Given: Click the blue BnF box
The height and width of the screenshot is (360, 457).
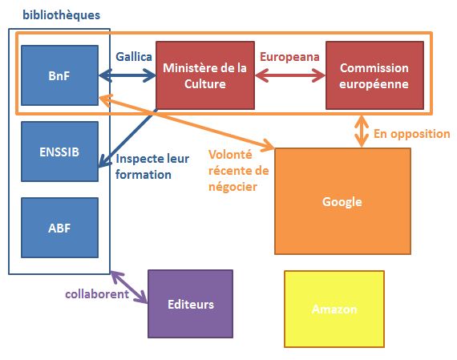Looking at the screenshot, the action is pos(60,75).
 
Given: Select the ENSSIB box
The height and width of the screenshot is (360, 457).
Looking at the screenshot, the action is pos(60,152).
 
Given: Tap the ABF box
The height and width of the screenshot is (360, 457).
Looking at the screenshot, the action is pos(60,228).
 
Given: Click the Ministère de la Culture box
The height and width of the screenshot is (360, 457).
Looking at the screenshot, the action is pos(205,75).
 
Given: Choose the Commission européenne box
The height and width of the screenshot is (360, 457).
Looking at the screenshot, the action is pos(374,75).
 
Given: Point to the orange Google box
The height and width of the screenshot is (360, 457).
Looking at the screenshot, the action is pos(342,201).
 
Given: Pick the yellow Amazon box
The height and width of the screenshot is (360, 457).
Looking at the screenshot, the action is pos(334,309).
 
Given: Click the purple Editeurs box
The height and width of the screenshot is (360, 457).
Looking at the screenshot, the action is pos(190,304).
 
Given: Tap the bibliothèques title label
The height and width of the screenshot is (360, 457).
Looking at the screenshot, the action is pos(62,15).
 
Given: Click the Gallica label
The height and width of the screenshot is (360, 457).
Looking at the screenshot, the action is pos(134,57).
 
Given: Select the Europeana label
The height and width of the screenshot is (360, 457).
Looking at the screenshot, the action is pos(289,57).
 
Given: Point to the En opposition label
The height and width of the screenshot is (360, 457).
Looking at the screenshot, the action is pos(412,134).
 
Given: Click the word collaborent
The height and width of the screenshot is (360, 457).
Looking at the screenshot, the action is pos(97,293).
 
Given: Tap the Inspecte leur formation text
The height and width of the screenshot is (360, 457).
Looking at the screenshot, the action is pos(152,167).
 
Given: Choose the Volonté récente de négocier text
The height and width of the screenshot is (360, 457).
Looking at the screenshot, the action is pos(238,171).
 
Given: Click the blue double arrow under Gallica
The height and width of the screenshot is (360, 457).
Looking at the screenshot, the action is pos(127,76).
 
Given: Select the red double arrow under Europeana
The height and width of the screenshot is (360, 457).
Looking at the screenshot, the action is pos(290,76).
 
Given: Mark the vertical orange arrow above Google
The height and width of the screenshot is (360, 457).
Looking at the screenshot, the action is pos(362,131).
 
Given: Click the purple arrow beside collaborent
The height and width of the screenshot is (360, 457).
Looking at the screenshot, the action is pos(129,287).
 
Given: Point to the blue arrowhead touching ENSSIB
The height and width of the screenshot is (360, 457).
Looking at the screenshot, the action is pos(103,162).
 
